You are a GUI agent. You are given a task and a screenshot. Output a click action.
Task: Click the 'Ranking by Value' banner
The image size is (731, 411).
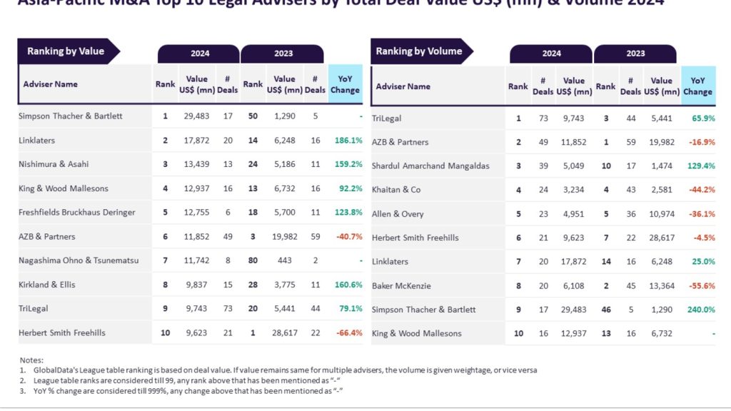pyautogui.click(x=66, y=51)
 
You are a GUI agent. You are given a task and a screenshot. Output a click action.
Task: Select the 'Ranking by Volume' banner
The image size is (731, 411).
pyautogui.click(x=419, y=51)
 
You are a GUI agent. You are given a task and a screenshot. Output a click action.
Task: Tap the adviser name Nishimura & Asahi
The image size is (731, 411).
pyautogui.click(x=54, y=164)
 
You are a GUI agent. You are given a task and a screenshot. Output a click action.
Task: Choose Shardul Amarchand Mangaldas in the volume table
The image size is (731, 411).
pyautogui.click(x=430, y=166)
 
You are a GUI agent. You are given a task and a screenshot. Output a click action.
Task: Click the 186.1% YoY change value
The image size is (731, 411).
pyautogui.click(x=348, y=141)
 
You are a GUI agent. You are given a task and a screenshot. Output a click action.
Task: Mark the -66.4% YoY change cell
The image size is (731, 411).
pyautogui.click(x=348, y=333)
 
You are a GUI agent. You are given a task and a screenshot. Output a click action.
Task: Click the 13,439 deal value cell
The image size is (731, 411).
pyautogui.click(x=198, y=164)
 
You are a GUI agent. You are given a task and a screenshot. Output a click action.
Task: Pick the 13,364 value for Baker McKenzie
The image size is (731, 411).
pyautogui.click(x=662, y=285)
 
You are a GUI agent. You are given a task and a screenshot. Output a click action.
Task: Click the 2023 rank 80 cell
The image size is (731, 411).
pyautogui.click(x=253, y=260)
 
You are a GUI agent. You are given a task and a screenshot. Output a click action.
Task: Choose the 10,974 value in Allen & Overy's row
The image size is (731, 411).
pyautogui.click(x=662, y=214)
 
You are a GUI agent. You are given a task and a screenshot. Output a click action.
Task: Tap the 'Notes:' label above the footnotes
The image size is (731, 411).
pyautogui.click(x=31, y=360)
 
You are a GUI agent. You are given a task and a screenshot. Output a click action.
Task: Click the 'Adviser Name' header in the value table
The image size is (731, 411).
pyautogui.click(x=51, y=84)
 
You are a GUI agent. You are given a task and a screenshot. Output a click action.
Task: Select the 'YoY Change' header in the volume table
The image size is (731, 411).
pyautogui.click(x=697, y=86)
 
